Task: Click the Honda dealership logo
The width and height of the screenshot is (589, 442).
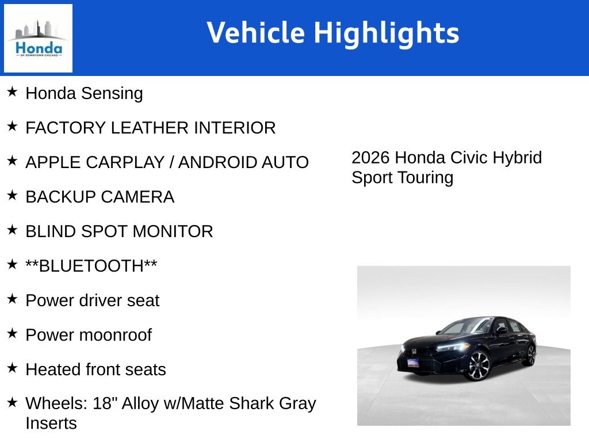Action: [38, 38]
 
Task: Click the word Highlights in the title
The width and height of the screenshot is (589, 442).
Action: [386, 33]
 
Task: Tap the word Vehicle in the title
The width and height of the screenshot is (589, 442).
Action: [256, 32]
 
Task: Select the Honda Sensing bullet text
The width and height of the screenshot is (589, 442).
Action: [84, 93]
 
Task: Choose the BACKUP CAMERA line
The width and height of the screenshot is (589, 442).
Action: [100, 197]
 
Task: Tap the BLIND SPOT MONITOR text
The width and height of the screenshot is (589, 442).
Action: [119, 231]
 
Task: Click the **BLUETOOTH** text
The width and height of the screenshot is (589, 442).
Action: [91, 266]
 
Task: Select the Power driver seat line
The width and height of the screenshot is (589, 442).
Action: [92, 300]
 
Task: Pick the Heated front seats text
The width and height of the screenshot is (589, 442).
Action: [95, 369]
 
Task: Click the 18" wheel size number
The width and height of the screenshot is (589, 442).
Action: [104, 403]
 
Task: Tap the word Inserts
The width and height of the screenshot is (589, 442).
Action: [51, 424]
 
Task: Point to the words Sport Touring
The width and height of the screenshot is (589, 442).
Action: [402, 177]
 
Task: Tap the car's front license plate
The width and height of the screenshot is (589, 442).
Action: [413, 363]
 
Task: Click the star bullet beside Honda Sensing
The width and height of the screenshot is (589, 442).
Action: [12, 92]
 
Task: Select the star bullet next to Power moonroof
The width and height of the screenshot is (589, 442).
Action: [12, 333]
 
